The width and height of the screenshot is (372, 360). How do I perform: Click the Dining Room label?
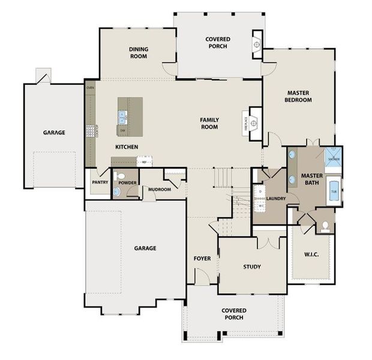pyautogui.click(x=139, y=53)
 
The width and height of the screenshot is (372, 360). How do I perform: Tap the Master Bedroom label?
pyautogui.click(x=298, y=97)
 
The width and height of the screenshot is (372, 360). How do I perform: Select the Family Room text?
pyautogui.click(x=209, y=124)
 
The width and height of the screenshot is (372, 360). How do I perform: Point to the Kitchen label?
pyautogui.click(x=127, y=147)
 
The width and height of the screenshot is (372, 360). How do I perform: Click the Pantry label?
pyautogui.click(x=100, y=181)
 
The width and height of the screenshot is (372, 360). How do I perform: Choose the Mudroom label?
pyautogui.click(x=160, y=190)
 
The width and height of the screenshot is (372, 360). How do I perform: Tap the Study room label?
pyautogui.click(x=252, y=266)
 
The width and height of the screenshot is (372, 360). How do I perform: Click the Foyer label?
pyautogui.click(x=202, y=259)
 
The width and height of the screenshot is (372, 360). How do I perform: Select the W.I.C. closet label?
pyautogui.click(x=311, y=255)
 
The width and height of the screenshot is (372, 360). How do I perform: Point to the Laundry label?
pyautogui.click(x=275, y=198)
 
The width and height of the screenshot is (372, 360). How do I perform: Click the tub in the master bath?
pyautogui.click(x=333, y=194)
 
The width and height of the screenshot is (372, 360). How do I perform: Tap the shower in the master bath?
pyautogui.click(x=334, y=157)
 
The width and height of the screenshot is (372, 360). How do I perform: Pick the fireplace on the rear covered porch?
pyautogui.click(x=257, y=44)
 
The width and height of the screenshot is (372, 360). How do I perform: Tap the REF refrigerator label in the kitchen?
pyautogui.click(x=144, y=161)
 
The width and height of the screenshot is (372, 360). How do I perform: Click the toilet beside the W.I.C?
pyautogui.click(x=325, y=226)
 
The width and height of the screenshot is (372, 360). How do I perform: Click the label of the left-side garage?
pyautogui.click(x=54, y=133)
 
